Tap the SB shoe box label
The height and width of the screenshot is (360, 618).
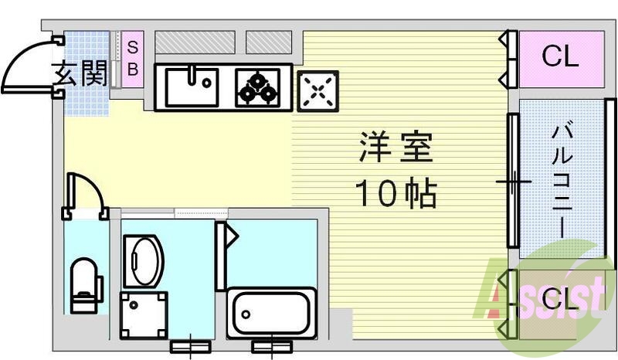pos(132,57)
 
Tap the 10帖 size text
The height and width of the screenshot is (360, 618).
pos(396,193)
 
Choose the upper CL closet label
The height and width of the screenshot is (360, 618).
pos(559,56)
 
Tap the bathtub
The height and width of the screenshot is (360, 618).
pos(272,314)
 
